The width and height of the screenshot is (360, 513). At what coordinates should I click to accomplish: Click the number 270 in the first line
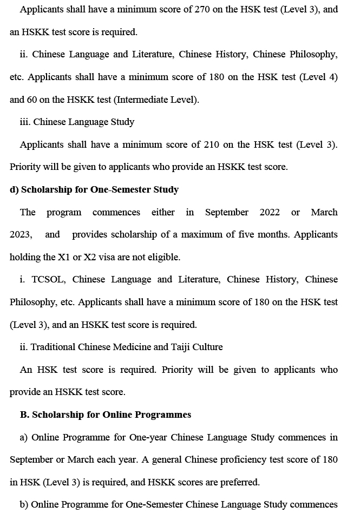[x=201, y=9]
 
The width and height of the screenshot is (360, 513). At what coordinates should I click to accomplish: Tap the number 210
[x=212, y=144]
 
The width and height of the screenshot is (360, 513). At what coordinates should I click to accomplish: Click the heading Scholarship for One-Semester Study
[x=94, y=189]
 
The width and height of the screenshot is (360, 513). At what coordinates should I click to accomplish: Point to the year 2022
[x=270, y=212]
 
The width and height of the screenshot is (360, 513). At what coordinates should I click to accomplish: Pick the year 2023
[x=21, y=235]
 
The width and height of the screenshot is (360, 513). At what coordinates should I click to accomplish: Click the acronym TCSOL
[x=49, y=279]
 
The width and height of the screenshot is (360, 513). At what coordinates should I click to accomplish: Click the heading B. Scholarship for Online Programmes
[x=106, y=415]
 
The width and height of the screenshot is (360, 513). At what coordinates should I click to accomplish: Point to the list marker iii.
[x=25, y=122]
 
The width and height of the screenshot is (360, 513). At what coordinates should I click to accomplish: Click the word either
[x=163, y=212]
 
